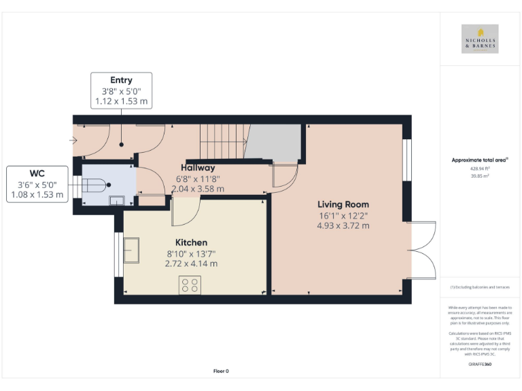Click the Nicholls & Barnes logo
pyautogui.click(x=480, y=39)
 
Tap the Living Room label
pyautogui.click(x=343, y=204)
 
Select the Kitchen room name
pyautogui.click(x=191, y=242)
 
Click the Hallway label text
pyautogui.click(x=198, y=168)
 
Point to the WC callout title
pyautogui.click(x=38, y=173)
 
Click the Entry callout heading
pyautogui.click(x=121, y=80)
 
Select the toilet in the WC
pyautogui.click(x=94, y=183)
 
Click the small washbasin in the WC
pyautogui.click(x=116, y=199)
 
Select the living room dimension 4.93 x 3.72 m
pyautogui.click(x=343, y=226)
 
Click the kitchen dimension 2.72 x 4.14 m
pyautogui.click(x=191, y=263)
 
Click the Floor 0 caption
pyautogui.click(x=221, y=371)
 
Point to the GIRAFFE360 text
pyautogui.click(x=480, y=365)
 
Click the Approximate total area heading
pyautogui.click(x=480, y=160)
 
